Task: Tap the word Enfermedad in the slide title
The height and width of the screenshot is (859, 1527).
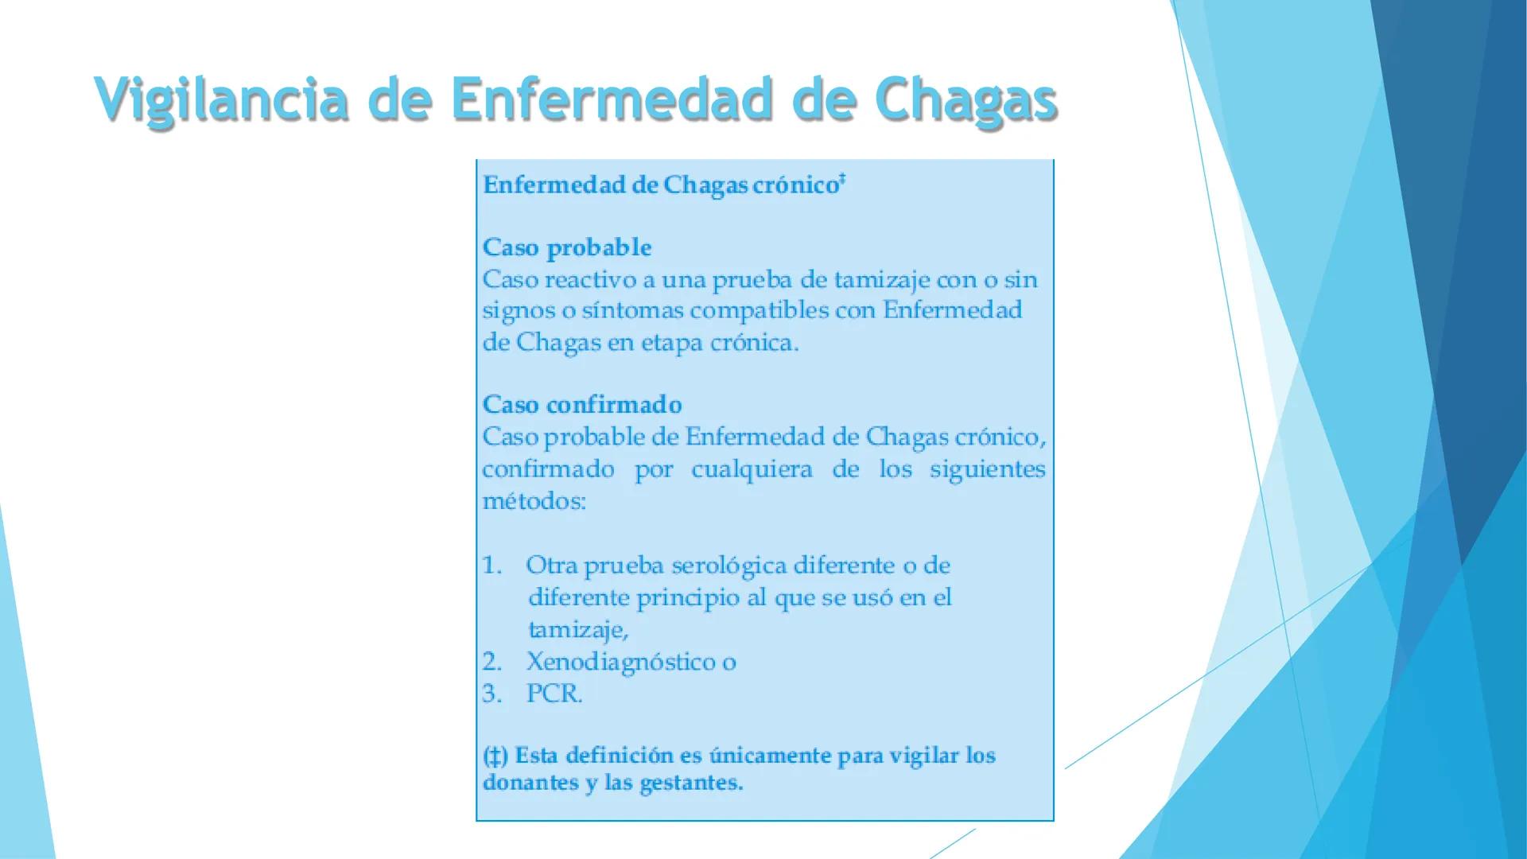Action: [x=611, y=99]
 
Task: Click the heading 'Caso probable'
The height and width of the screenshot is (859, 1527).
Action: [x=567, y=247]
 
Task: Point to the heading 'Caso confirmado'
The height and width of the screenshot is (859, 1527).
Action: [x=582, y=405]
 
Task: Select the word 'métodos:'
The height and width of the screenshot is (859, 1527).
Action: [x=534, y=502]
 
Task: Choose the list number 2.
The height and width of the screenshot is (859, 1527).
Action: [x=492, y=662]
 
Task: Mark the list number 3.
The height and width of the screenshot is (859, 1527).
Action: [x=492, y=694]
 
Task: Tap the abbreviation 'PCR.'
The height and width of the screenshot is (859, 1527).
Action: [x=554, y=694]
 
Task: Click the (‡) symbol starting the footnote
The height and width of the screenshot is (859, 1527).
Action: [x=495, y=756]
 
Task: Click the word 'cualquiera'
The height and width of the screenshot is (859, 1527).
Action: [x=752, y=470]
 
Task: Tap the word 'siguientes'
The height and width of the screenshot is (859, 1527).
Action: [x=987, y=470]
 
